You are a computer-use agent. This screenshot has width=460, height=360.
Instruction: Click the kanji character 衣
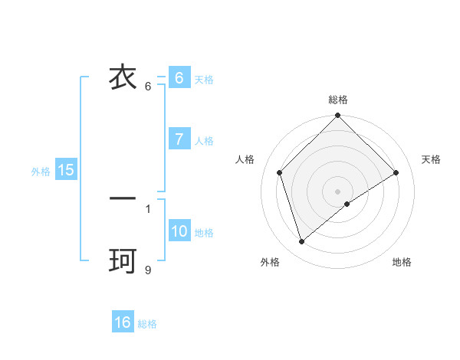tap(123, 78)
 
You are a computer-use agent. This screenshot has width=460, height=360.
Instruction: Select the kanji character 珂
tap(123, 262)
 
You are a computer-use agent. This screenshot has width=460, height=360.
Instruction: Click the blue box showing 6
tap(179, 78)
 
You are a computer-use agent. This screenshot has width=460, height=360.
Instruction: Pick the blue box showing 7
tap(179, 139)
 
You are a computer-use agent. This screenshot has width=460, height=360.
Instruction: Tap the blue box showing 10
tap(179, 231)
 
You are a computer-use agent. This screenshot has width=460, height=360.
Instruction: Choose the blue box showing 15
tap(66, 170)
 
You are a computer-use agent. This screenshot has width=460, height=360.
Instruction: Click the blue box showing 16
tap(123, 322)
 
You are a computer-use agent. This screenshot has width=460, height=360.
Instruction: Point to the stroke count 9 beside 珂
tap(148, 269)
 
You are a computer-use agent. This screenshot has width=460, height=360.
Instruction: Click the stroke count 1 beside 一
tap(148, 208)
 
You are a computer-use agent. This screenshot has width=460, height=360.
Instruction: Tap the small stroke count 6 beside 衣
tap(148, 86)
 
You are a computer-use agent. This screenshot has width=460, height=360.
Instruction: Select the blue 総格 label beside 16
tap(147, 324)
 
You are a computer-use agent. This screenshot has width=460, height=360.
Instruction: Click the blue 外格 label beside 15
tap(41, 172)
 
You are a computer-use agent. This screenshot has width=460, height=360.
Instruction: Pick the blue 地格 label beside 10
tap(204, 233)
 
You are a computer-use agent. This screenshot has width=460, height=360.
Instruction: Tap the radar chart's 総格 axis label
tap(338, 100)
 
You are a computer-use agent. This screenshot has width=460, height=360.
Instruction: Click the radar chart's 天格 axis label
tap(431, 159)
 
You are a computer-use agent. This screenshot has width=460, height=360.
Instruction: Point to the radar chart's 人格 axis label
tap(245, 159)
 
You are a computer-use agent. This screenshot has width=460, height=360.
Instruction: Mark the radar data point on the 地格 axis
tap(347, 204)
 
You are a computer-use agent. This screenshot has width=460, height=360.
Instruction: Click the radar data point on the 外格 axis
tap(301, 242)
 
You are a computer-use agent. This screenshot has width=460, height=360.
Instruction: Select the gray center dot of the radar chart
tap(338, 191)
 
